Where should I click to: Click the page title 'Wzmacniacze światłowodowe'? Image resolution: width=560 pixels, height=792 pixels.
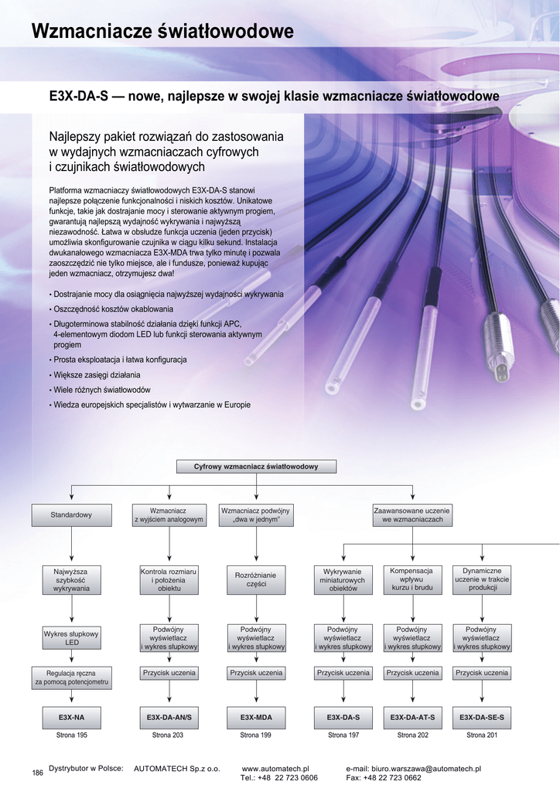(x=162, y=31)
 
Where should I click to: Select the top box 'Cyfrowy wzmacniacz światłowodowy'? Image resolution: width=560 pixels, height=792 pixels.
(x=256, y=466)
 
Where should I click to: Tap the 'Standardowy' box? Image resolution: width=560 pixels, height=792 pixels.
(x=71, y=515)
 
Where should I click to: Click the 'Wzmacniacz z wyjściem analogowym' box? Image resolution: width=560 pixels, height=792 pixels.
(x=169, y=515)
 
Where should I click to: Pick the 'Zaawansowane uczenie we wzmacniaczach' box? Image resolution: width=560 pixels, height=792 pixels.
(x=412, y=515)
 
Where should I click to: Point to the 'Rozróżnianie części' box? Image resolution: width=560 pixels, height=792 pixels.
(x=256, y=579)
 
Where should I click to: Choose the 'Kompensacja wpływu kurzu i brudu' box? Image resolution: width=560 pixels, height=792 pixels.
(x=412, y=579)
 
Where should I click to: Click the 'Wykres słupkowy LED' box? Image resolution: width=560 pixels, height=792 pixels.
(x=71, y=638)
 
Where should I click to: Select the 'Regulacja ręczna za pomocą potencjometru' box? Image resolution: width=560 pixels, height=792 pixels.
(x=71, y=678)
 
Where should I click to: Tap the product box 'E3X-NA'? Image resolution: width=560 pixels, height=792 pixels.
(x=71, y=718)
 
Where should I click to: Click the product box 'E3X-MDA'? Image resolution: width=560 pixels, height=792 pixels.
(x=256, y=718)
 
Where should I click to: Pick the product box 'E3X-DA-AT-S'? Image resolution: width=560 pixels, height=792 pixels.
(x=412, y=718)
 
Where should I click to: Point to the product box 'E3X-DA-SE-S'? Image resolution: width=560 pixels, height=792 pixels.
(x=482, y=718)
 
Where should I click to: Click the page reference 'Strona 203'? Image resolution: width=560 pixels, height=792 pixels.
(x=168, y=736)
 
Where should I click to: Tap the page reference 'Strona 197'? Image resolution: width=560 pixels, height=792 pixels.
(x=343, y=736)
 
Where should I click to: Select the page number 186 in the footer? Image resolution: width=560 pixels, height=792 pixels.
(x=37, y=773)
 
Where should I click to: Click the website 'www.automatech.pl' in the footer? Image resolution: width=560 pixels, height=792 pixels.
(x=275, y=769)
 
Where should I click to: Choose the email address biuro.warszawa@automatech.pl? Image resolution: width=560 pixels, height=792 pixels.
(x=426, y=769)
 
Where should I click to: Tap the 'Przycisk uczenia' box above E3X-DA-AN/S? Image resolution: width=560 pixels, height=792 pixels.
(x=169, y=673)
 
